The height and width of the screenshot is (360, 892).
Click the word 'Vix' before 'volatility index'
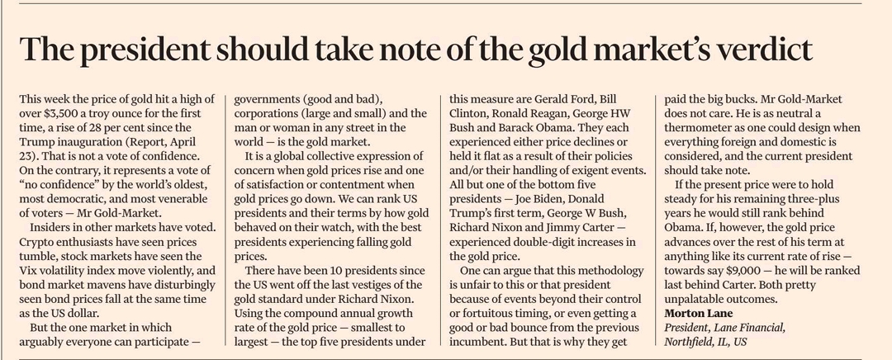tap(30, 270)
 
